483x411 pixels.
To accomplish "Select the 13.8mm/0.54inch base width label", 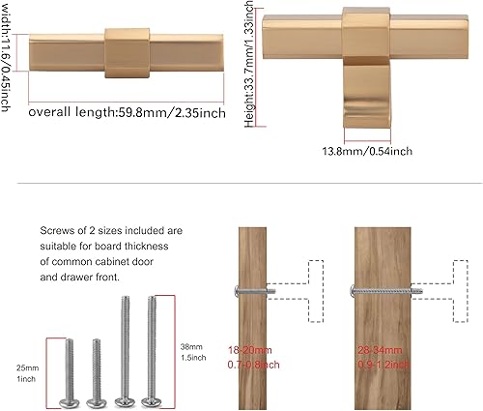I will point(367,151).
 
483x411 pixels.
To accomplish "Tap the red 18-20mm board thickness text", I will point(253,351).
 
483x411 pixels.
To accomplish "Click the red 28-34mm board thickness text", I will point(382,351).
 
